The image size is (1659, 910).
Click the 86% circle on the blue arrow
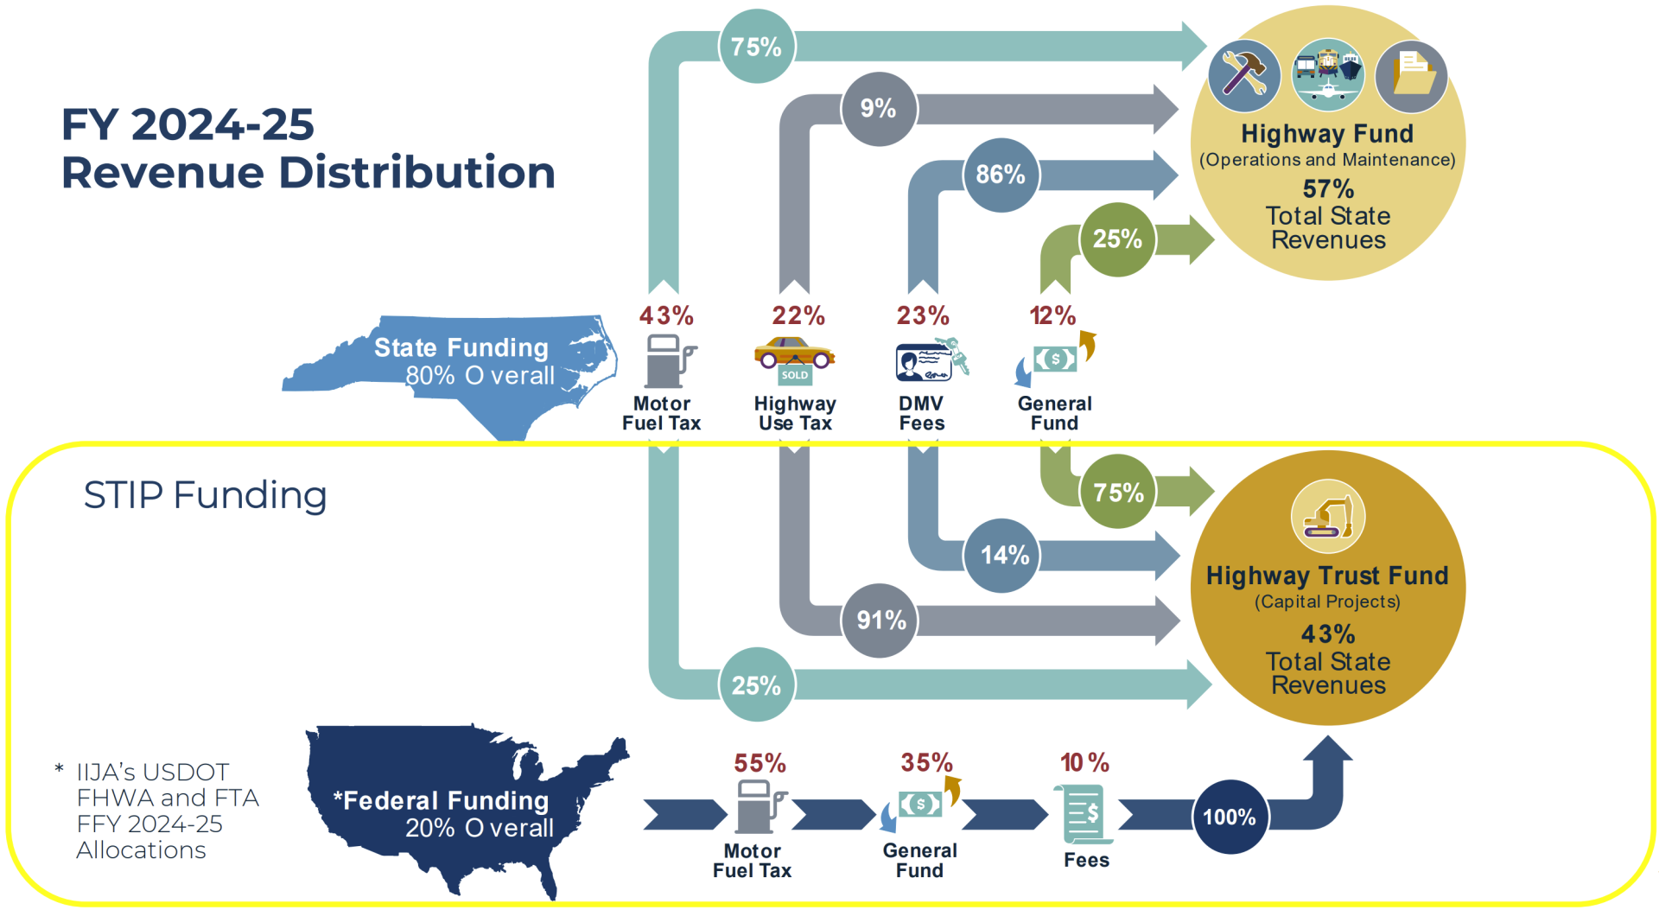tap(1001, 175)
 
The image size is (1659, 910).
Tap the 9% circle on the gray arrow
tap(878, 109)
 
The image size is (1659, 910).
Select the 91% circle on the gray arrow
tap(880, 620)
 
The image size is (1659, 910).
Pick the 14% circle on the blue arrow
tap(1003, 555)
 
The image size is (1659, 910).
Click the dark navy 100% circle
tap(1229, 817)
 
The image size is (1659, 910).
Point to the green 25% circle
tap(1117, 239)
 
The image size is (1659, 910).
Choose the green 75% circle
tap(1118, 492)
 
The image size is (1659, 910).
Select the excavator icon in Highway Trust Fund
tap(1328, 516)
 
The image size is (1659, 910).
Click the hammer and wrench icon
tap(1244, 75)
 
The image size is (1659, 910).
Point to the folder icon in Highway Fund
tap(1411, 75)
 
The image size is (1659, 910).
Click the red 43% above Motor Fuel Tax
tap(666, 315)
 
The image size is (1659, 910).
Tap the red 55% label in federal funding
tap(760, 763)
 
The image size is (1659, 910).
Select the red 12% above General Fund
tap(1052, 315)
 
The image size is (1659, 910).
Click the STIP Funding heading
tap(205, 495)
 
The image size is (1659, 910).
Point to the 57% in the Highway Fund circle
tap(1328, 188)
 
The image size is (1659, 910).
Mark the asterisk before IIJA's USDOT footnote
tap(59, 768)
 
